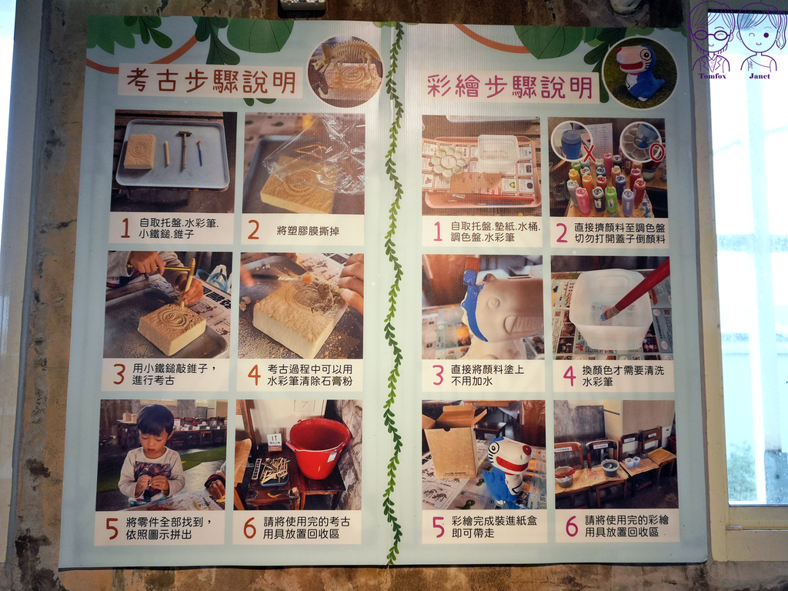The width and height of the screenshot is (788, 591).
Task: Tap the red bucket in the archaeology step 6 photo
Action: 317,448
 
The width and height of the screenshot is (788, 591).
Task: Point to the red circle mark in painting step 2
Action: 655,152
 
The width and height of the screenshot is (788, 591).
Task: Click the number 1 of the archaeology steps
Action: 125,229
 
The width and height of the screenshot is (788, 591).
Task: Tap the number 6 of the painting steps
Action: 571,526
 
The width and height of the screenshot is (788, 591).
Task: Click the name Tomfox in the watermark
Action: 712,76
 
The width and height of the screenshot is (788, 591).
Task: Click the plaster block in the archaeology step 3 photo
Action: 171,329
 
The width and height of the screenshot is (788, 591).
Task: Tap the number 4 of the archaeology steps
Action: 254,375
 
